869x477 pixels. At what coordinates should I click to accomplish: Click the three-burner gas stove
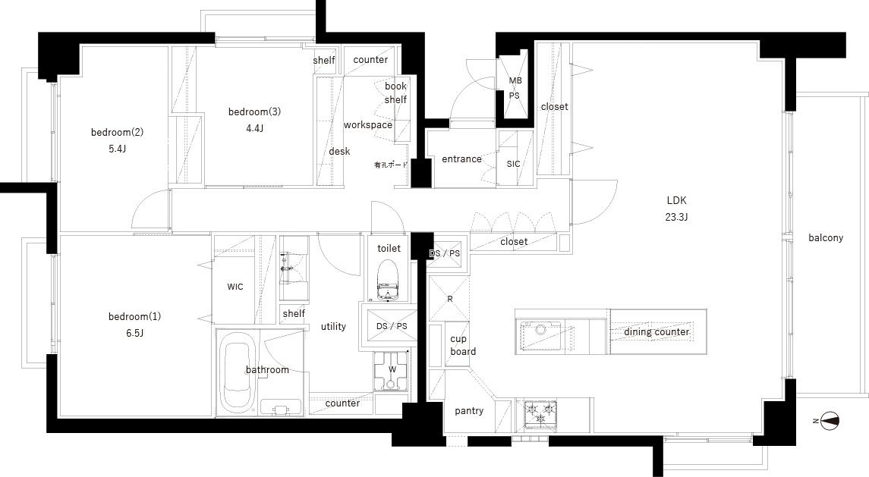coord(540,413)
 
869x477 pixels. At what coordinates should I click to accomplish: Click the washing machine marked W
coord(392,371)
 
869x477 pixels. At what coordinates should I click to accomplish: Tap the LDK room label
coord(677,200)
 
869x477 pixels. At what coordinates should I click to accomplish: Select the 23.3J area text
coord(677,217)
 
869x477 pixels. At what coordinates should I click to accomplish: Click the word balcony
coord(826,237)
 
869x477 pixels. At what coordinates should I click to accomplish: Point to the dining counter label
coord(656,332)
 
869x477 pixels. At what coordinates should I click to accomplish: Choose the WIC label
coord(235,287)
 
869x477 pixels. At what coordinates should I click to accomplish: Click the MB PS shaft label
coord(515,88)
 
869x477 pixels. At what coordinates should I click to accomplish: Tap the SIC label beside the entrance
coord(513,164)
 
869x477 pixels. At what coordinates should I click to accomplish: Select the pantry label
coord(469,410)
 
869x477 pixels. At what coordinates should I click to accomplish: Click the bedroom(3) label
coord(254,112)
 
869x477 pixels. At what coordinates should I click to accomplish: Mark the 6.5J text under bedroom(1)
coord(134,334)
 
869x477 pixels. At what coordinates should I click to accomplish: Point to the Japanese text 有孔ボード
coord(391,165)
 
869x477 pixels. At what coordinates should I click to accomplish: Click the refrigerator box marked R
coord(449,299)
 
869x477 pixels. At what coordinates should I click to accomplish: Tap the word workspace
coord(368,125)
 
